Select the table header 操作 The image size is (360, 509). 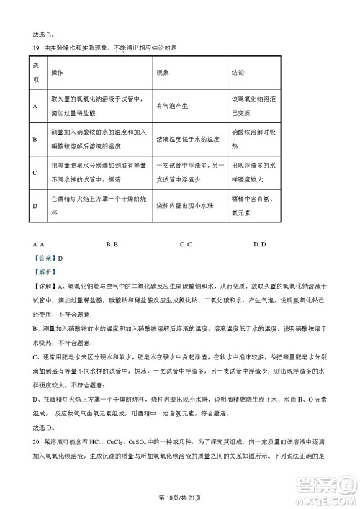click(58, 73)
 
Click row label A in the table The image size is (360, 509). click(35, 107)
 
